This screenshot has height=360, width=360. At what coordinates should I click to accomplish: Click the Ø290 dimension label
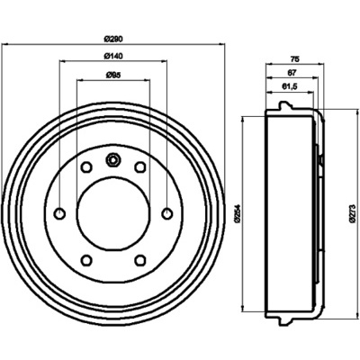[113, 39]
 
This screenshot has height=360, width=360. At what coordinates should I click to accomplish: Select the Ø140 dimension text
[113, 56]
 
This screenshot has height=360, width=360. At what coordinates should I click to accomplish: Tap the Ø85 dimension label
[113, 75]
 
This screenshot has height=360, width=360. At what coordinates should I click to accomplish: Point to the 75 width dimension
[295, 59]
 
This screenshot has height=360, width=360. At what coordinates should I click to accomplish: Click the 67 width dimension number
[292, 72]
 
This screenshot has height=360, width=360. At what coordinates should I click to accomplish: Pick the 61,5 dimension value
[290, 86]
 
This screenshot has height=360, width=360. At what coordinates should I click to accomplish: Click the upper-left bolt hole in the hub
[86, 166]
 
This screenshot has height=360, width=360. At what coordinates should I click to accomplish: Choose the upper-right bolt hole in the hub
[139, 166]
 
